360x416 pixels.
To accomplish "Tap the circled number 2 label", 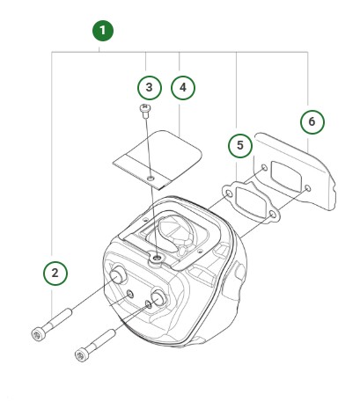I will pyautogui.click(x=55, y=273).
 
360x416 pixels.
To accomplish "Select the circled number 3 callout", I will pyautogui.click(x=150, y=87).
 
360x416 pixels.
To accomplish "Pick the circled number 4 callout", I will pyautogui.click(x=182, y=87).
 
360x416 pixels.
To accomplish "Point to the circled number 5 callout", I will pyautogui.click(x=238, y=143).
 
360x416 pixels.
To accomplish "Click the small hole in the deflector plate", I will pyautogui.click(x=152, y=178).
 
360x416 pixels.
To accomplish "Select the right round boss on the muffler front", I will pyautogui.click(x=159, y=298).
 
